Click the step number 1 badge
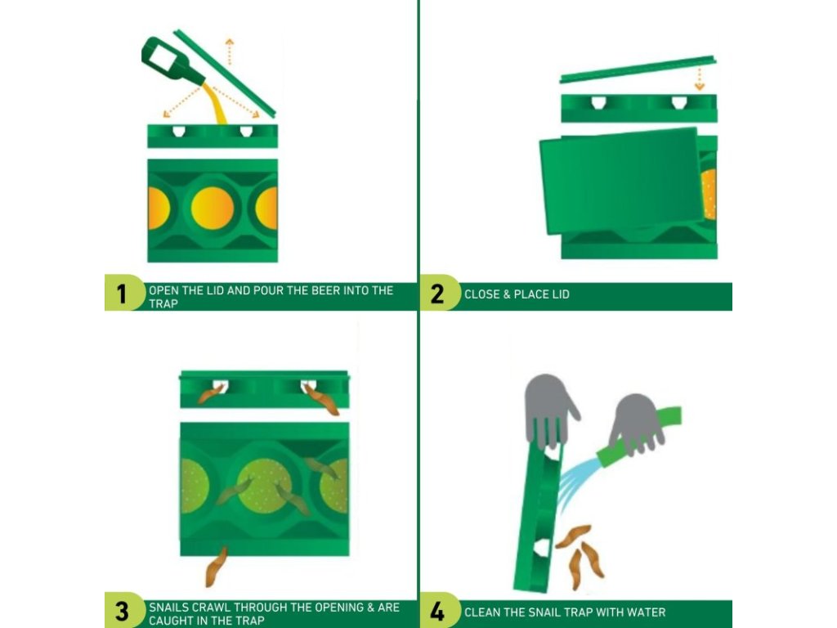pyautogui.click(x=123, y=293)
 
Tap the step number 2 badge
pyautogui.click(x=438, y=293)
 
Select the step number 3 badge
pyautogui.click(x=123, y=610)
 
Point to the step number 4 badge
pyautogui.click(x=438, y=610)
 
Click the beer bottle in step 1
pyautogui.click(x=171, y=60)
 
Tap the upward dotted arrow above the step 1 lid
pyautogui.click(x=230, y=52)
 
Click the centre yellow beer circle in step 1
pyautogui.click(x=213, y=209)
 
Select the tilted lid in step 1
pyautogui.click(x=225, y=73)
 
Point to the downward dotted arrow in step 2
pyautogui.click(x=700, y=78)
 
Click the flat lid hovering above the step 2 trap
pyautogui.click(x=638, y=69)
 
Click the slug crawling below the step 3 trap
pyautogui.click(x=216, y=567)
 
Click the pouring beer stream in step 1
pyautogui.click(x=215, y=104)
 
